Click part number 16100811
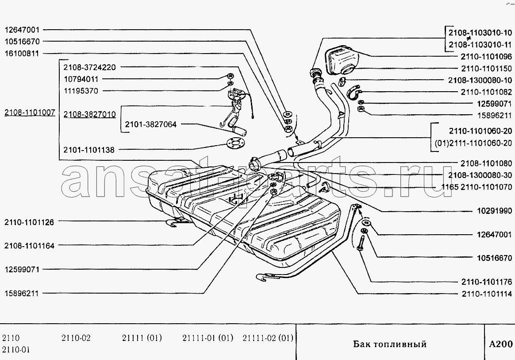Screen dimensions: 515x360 pyautogui.click(x=22, y=53)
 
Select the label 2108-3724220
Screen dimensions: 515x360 pyautogui.click(x=90, y=67)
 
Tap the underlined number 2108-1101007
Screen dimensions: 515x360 pyautogui.click(x=30, y=112)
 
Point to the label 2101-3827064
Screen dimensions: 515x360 pyautogui.click(x=151, y=124)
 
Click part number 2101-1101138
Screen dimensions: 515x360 pyautogui.click(x=89, y=150)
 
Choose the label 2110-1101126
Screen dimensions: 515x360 pyautogui.click(x=29, y=222)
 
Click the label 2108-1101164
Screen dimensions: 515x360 pyautogui.click(x=29, y=246)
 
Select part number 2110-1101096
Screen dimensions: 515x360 pyautogui.click(x=486, y=57)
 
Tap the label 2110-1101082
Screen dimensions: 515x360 pyautogui.click(x=486, y=92)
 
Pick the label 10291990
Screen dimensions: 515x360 pyautogui.click(x=495, y=211)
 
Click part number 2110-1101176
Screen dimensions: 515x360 pyautogui.click(x=487, y=282)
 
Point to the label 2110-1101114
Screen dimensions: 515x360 pyautogui.click(x=487, y=294)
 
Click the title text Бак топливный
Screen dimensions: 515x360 pyautogui.click(x=390, y=344)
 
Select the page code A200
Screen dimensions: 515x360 pyautogui.click(x=501, y=344)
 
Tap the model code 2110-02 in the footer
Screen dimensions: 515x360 pyautogui.click(x=76, y=338)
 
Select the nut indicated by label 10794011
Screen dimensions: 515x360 pyautogui.click(x=230, y=76)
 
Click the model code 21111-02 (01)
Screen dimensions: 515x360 pyautogui.click(x=268, y=338)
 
